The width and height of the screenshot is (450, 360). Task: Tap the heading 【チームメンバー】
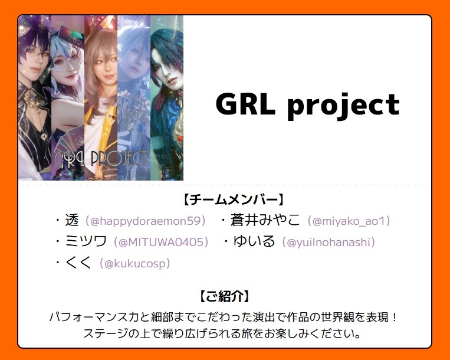pyautogui.click(x=234, y=199)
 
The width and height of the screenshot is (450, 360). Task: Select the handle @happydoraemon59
pyautogui.click(x=145, y=221)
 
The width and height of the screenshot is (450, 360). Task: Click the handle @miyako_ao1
pyautogui.click(x=349, y=221)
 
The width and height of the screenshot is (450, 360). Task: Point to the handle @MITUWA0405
pyautogui.click(x=160, y=242)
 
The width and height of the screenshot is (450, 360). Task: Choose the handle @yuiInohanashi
pyautogui.click(x=329, y=242)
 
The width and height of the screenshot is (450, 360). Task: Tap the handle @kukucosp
pyautogui.click(x=134, y=263)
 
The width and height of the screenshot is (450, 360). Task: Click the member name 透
pyautogui.click(x=72, y=221)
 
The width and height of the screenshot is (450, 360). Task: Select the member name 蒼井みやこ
pyautogui.click(x=265, y=221)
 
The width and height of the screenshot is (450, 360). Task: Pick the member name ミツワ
pyautogui.click(x=86, y=241)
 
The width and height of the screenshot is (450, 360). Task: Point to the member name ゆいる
pyautogui.click(x=254, y=241)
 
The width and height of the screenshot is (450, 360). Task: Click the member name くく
pyautogui.click(x=78, y=263)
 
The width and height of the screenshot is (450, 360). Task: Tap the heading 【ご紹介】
pyautogui.click(x=225, y=296)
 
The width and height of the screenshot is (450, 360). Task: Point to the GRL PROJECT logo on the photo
pyautogui.click(x=100, y=159)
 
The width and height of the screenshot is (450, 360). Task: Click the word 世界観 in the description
pyautogui.click(x=338, y=318)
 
